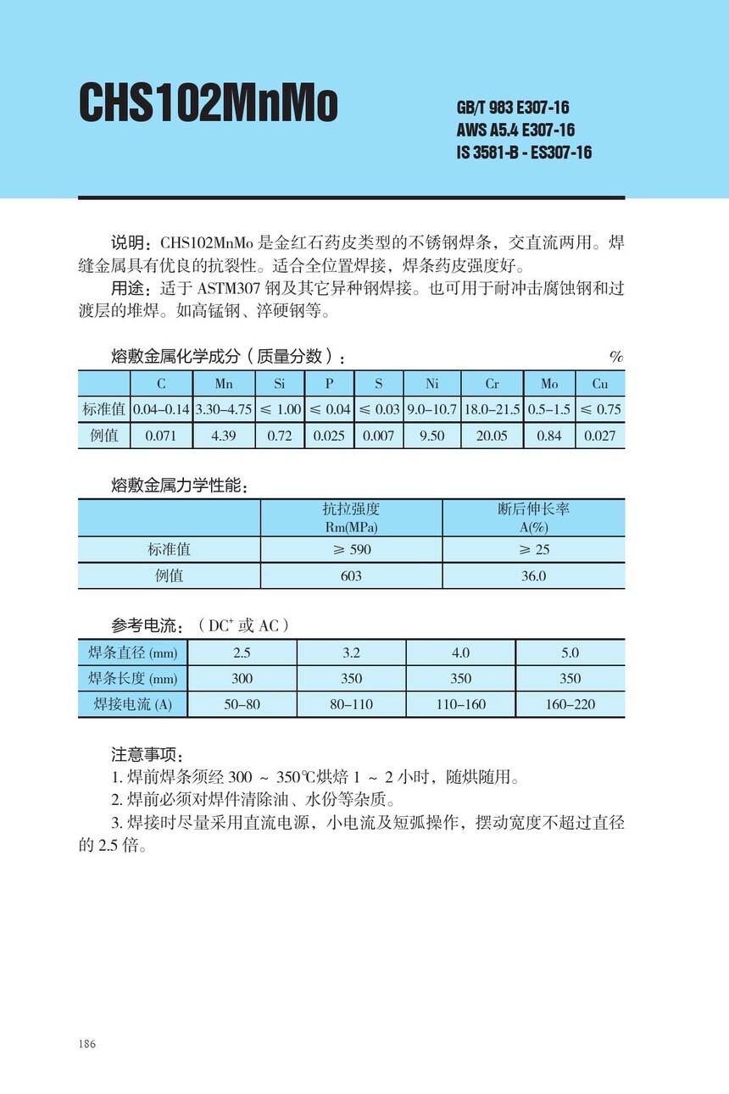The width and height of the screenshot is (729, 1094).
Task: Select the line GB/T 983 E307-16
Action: (x=512, y=108)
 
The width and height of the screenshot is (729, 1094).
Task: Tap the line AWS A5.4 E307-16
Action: (x=515, y=131)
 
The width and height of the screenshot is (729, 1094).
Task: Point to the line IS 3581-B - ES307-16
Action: (x=524, y=153)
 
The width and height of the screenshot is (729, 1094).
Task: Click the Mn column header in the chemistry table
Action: (x=224, y=384)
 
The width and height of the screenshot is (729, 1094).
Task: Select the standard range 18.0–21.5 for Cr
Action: (x=492, y=409)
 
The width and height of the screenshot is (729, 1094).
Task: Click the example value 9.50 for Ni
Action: (x=431, y=436)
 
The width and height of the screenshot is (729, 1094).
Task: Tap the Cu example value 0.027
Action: (x=600, y=436)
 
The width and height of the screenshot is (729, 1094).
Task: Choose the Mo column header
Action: (x=549, y=384)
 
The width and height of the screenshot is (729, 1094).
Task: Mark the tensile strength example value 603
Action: (x=351, y=576)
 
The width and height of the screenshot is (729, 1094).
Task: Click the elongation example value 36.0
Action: (x=533, y=576)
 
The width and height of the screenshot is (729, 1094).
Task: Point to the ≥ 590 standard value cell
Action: (x=351, y=549)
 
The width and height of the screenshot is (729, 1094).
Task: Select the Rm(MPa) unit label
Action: (x=351, y=527)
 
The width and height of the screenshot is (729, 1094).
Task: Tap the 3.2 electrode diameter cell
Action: (x=351, y=653)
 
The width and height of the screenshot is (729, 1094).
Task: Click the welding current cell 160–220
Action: (x=570, y=704)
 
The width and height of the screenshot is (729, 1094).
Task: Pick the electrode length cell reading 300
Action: (x=242, y=679)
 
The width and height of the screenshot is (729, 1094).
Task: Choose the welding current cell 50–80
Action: (x=242, y=704)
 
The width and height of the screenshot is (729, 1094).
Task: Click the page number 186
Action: (x=86, y=1043)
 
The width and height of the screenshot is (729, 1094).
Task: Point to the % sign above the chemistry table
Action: (x=616, y=357)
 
